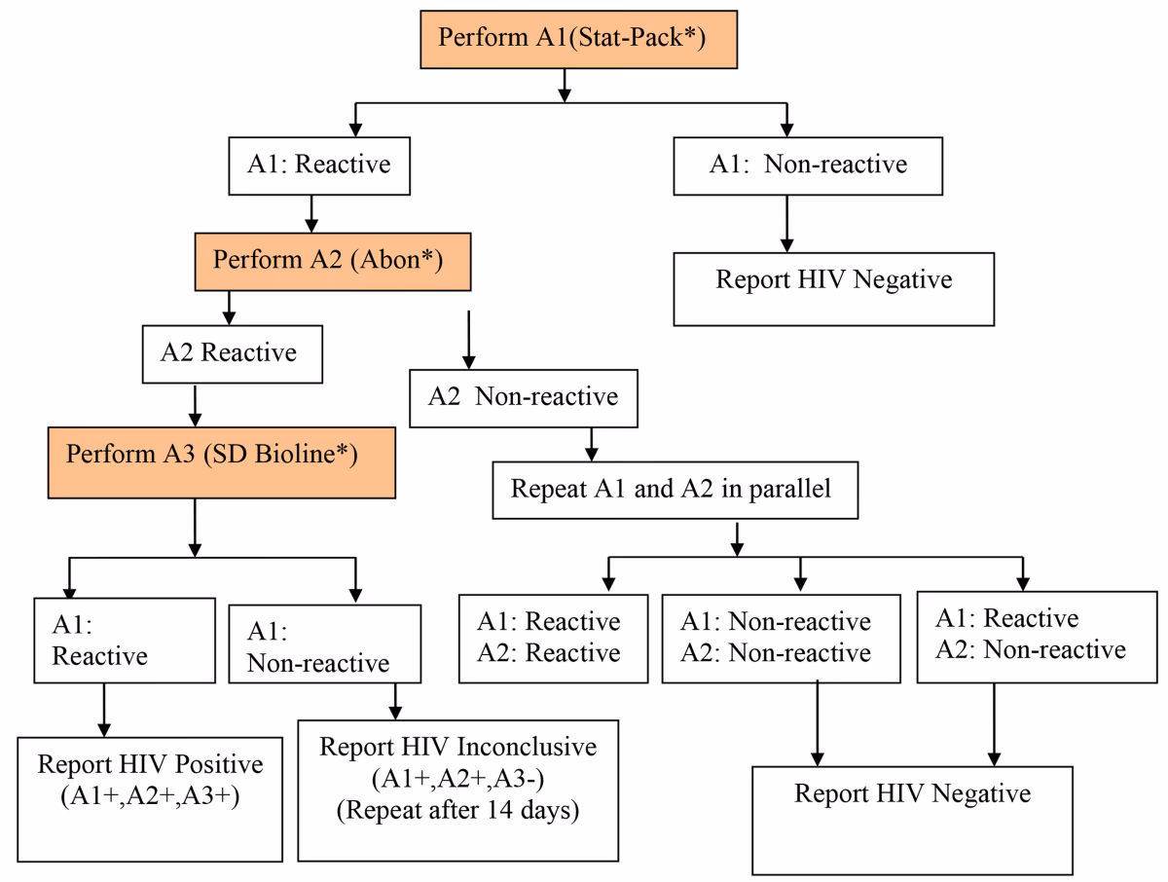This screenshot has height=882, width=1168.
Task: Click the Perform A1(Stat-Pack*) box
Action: point(566,40)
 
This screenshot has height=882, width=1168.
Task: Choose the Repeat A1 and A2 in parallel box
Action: point(671,490)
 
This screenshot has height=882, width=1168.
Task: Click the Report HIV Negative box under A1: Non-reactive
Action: point(833,288)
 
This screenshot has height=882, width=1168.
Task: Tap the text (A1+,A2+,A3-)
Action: point(457,779)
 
